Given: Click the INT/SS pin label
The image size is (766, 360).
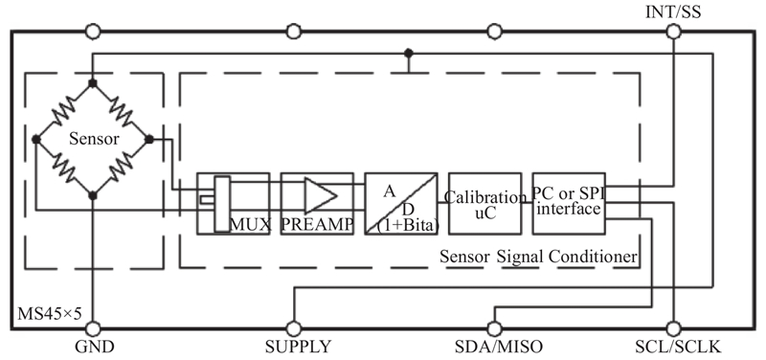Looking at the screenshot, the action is coord(673,11).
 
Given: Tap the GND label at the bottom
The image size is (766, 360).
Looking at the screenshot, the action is coord(94,347).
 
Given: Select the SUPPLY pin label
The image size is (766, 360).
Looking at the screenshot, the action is coord(298,347).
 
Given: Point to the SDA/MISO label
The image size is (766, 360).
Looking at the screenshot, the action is coord(498,347).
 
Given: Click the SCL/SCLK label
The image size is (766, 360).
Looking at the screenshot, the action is coord(678,347).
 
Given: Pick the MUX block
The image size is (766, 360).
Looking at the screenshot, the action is coord(233,204).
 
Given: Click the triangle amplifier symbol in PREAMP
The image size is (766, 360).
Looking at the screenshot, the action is coord(321,195).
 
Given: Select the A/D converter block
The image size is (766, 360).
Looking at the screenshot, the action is coord(401,204).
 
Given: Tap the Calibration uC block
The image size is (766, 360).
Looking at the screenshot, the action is coord(484,204).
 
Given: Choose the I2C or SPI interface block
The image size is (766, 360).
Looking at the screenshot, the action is coord(569,204).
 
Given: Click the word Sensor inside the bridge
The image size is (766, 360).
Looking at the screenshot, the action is coord(94,139).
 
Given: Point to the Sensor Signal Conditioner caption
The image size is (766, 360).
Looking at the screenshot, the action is coord(538,257).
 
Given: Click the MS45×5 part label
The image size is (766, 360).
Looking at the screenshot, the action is coord(50,314).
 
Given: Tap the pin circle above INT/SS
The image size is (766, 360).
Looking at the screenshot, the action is coord(673,33).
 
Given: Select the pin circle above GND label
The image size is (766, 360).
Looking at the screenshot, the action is coord(93,328).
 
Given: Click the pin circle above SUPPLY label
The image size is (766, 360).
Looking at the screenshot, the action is coord(293,328).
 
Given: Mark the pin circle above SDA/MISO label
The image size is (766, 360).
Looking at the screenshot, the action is coord(494,328).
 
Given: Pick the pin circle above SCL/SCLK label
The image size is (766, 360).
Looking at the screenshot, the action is coord(673,328).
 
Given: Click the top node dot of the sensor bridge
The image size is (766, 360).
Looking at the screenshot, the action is coord(93,83).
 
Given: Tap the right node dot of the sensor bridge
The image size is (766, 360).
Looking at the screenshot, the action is coord(149,139).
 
